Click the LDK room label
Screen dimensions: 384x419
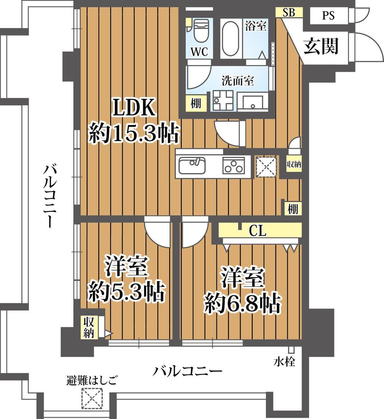pyautogui.click(x=134, y=108)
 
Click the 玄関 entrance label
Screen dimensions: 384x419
pyautogui.click(x=321, y=46)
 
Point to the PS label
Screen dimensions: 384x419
pyautogui.click(x=328, y=15)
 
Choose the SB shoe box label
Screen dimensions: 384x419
pyautogui.click(x=289, y=13)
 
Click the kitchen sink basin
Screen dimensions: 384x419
pyautogui.click(x=192, y=165)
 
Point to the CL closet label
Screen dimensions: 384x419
pyautogui.click(x=258, y=231)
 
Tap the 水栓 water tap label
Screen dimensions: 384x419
pyautogui.click(x=284, y=362)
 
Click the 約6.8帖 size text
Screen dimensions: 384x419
pyautogui.click(x=242, y=304)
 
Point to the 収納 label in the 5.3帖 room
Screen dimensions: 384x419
pyautogui.click(x=88, y=328)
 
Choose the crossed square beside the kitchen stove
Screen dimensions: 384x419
pyautogui.click(x=266, y=167)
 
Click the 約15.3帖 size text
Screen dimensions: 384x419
pyautogui.click(x=133, y=134)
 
